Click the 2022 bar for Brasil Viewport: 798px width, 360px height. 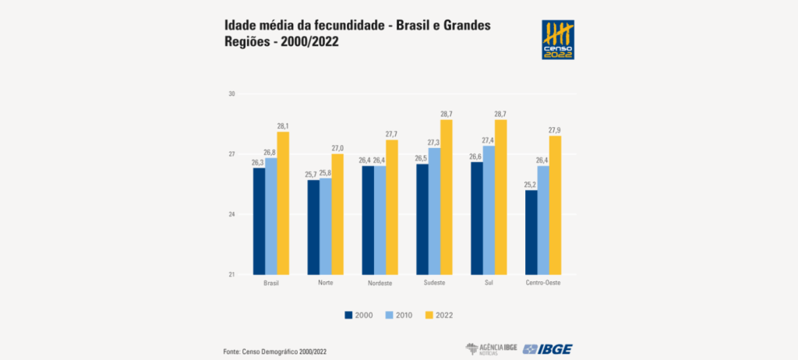pos(283,203)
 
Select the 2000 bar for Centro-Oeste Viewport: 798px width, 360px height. pos(531,232)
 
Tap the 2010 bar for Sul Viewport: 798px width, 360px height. pos(489,210)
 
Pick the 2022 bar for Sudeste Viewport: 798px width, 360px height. pos(447,196)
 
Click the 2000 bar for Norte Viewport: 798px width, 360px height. pos(313,227)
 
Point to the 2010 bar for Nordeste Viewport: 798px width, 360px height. pos(380,220)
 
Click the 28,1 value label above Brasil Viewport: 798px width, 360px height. pos(283,126)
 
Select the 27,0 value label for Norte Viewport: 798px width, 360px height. pos(337,148)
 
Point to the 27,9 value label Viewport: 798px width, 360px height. pos(556,130)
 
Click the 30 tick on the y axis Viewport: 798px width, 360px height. pos(231,94)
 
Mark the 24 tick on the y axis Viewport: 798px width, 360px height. pos(231,214)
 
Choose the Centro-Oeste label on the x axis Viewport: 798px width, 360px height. pos(543,282)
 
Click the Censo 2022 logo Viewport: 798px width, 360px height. pos(558,40)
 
